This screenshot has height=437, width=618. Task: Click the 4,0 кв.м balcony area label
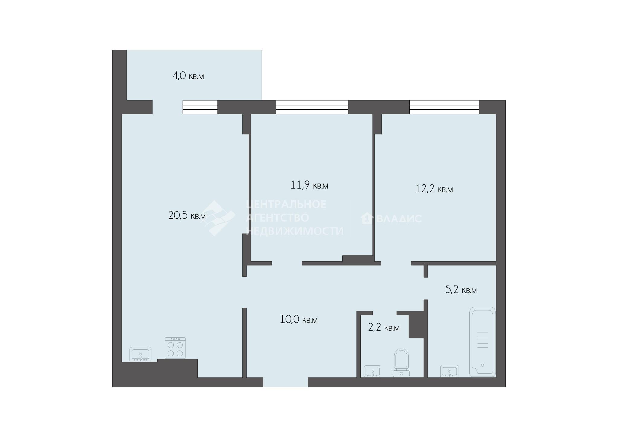(188, 76)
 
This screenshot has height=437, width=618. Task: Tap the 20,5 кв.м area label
(187, 215)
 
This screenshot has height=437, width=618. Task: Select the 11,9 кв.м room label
(309, 185)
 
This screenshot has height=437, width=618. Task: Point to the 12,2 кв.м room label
(434, 189)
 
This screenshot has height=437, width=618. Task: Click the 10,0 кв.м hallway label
(299, 320)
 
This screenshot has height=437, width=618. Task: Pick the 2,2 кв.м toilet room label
(384, 327)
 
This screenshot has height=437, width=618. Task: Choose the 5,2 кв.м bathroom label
(461, 290)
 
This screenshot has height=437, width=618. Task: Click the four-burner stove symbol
(175, 348)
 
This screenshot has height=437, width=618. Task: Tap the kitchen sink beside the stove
(141, 354)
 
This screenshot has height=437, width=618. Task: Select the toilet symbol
(401, 363)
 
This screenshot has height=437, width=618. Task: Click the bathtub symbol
(483, 342)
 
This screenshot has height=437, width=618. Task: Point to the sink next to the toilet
(373, 371)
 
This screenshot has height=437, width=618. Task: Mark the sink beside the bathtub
(449, 371)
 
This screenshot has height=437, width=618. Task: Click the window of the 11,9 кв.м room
(312, 107)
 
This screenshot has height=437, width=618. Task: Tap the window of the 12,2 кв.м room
(444, 107)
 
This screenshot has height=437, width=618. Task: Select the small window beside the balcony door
(200, 107)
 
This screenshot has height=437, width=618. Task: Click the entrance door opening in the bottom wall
(285, 382)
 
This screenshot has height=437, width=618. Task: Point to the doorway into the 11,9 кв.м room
(287, 263)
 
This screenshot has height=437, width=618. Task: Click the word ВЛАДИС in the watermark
(399, 218)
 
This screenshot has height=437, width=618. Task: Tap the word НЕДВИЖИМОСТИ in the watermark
(295, 231)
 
